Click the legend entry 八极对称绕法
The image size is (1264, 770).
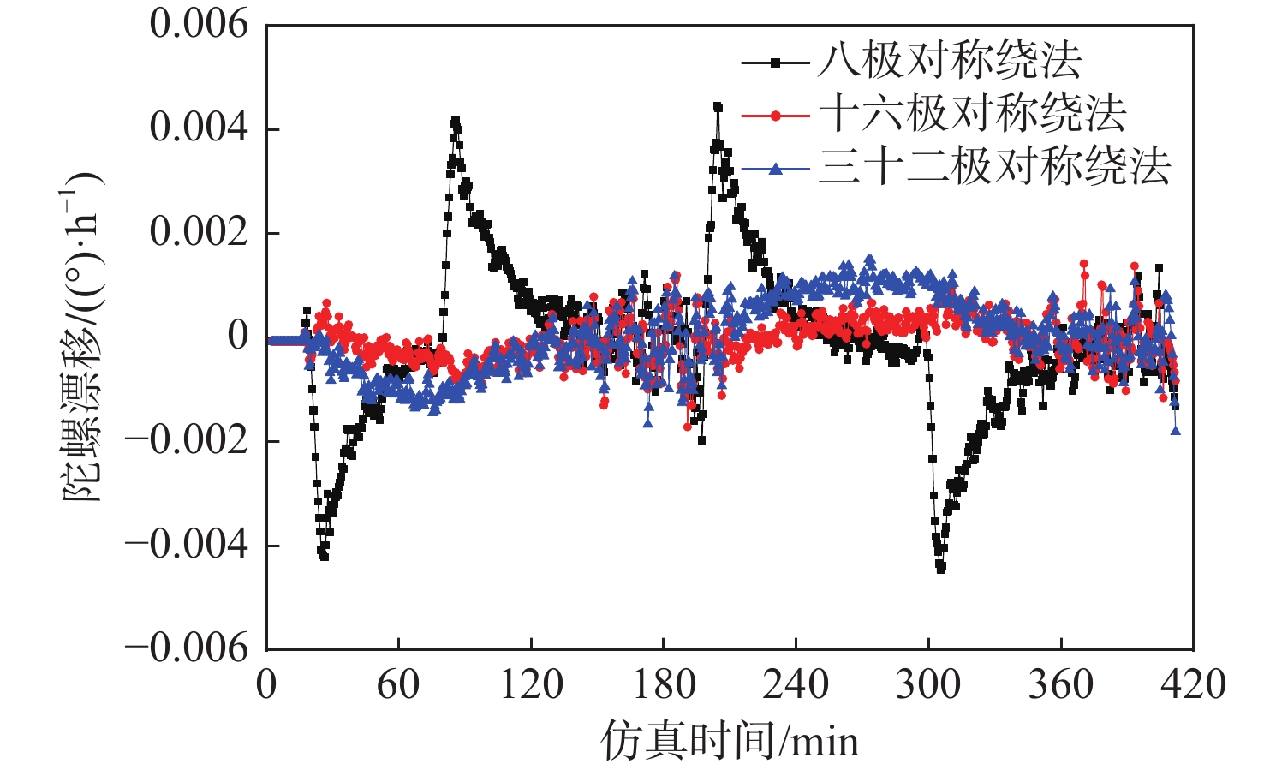pyautogui.click(x=949, y=61)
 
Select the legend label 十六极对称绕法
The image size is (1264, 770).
pyautogui.click(x=971, y=114)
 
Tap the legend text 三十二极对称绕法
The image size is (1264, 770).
pyautogui.click(x=993, y=167)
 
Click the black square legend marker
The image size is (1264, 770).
pyautogui.click(x=775, y=63)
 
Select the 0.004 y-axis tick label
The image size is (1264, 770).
pyautogui.click(x=199, y=128)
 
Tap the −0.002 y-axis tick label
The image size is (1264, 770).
pyautogui.click(x=187, y=440)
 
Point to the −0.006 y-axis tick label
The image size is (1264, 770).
pyautogui.click(x=187, y=648)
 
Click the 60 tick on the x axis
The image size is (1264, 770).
pyautogui.click(x=398, y=685)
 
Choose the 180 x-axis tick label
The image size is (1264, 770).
pyautogui.click(x=663, y=685)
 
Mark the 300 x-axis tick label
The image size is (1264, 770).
pyautogui.click(x=928, y=685)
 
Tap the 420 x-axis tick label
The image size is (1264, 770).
pyautogui.click(x=1193, y=685)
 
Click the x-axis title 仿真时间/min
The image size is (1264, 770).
pyautogui.click(x=730, y=739)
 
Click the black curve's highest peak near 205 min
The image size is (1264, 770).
pyautogui.click(x=718, y=107)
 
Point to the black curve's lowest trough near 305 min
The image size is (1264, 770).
pyautogui.click(x=941, y=568)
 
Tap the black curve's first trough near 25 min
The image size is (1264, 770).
pyautogui.click(x=324, y=556)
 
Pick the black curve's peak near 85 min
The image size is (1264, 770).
pyautogui.click(x=455, y=122)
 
